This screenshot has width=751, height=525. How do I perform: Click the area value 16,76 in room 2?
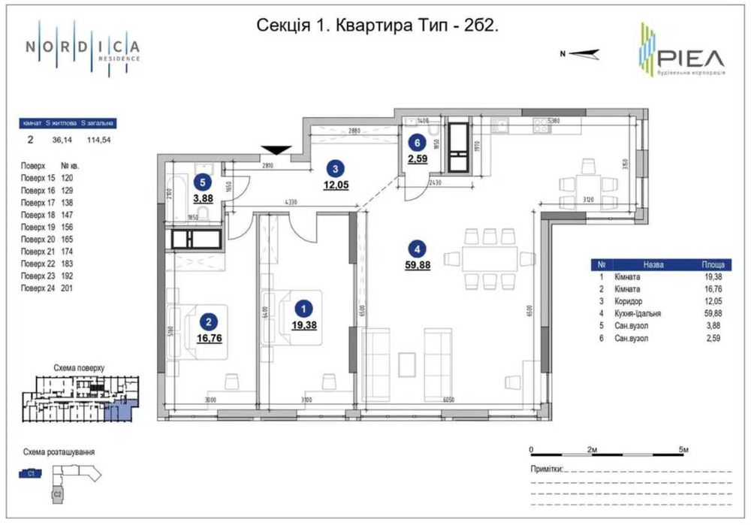pos(206,338)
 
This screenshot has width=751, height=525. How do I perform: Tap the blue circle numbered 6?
pos(415,143)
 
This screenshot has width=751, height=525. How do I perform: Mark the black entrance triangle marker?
pos(273,151)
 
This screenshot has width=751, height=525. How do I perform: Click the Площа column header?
pos(713,265)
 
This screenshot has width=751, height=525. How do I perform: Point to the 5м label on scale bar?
pos(684,448)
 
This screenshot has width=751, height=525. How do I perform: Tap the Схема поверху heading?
pos(80,369)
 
